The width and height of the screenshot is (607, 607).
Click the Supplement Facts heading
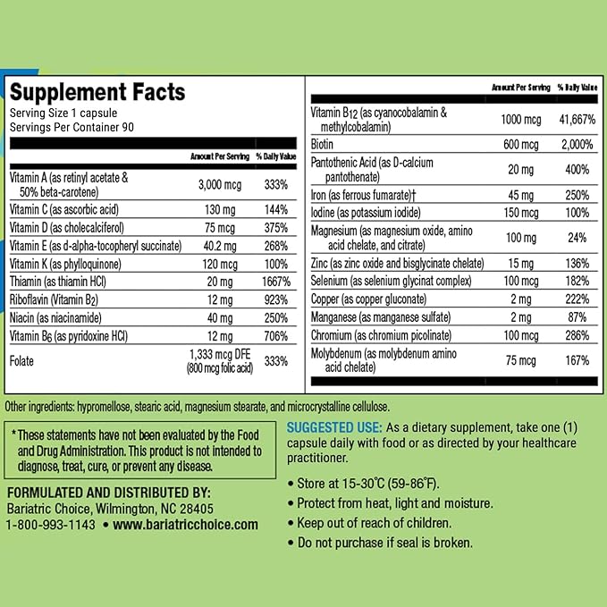97,93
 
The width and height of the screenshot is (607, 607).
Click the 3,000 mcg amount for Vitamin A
220,184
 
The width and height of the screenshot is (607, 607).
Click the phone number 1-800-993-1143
50,525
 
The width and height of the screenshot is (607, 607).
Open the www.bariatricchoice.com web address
186,525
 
